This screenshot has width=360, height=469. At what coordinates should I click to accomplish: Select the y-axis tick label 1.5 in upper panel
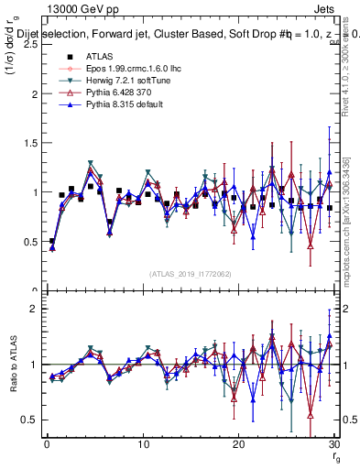click(x=27, y=143)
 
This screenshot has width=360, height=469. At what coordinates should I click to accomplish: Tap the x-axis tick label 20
click(x=239, y=443)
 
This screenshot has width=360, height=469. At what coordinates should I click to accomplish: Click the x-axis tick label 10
click(x=143, y=443)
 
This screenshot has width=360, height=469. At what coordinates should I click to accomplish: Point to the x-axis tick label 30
click(x=334, y=443)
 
